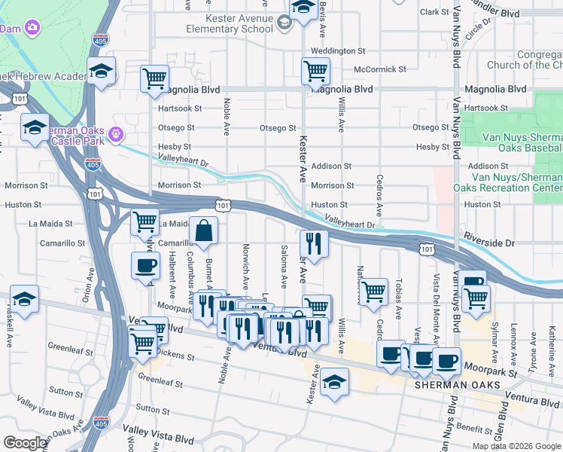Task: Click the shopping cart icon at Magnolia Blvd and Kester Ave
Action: [315, 72]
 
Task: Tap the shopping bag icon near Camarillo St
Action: [204, 232]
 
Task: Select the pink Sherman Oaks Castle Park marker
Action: [115, 135]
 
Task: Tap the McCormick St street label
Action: [380, 69]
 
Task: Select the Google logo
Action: [25, 442]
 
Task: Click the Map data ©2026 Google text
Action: [516, 446]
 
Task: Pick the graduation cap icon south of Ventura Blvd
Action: [335, 382]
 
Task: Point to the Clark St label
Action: [434, 12]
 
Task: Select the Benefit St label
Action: [473, 427]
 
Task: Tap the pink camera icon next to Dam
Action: [32, 29]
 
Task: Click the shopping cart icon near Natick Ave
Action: [373, 292]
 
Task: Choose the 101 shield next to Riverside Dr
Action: [427, 248]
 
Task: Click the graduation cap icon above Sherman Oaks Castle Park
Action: [100, 72]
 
